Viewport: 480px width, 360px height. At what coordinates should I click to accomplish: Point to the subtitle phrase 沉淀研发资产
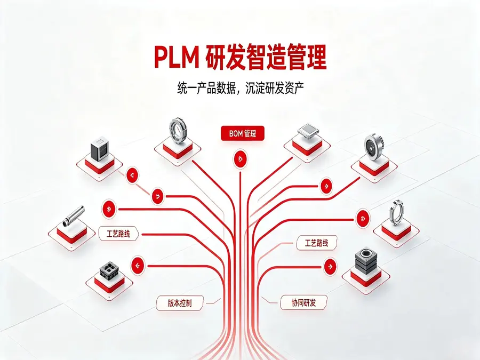(x=275, y=88)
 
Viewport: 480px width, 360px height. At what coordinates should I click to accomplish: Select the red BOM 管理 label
(x=243, y=133)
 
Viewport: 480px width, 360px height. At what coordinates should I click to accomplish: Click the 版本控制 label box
(x=180, y=303)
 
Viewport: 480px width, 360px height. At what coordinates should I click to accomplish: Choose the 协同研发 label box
(x=303, y=303)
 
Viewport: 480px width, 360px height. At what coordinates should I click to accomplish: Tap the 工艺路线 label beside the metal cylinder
(x=118, y=234)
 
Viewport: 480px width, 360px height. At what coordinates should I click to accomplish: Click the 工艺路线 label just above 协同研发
(x=316, y=243)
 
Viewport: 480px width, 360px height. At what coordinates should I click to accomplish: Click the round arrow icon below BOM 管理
(x=241, y=159)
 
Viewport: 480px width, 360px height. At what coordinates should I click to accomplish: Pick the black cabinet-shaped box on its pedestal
(x=100, y=149)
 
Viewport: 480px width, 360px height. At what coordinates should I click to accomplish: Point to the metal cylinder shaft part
(x=74, y=216)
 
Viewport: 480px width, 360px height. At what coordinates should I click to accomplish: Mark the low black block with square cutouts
(x=109, y=270)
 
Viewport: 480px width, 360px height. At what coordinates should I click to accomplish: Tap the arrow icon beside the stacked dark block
(x=330, y=266)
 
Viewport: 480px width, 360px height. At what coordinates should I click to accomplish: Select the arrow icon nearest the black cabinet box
(x=132, y=175)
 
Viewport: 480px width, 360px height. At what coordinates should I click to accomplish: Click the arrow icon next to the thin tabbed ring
(x=363, y=218)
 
